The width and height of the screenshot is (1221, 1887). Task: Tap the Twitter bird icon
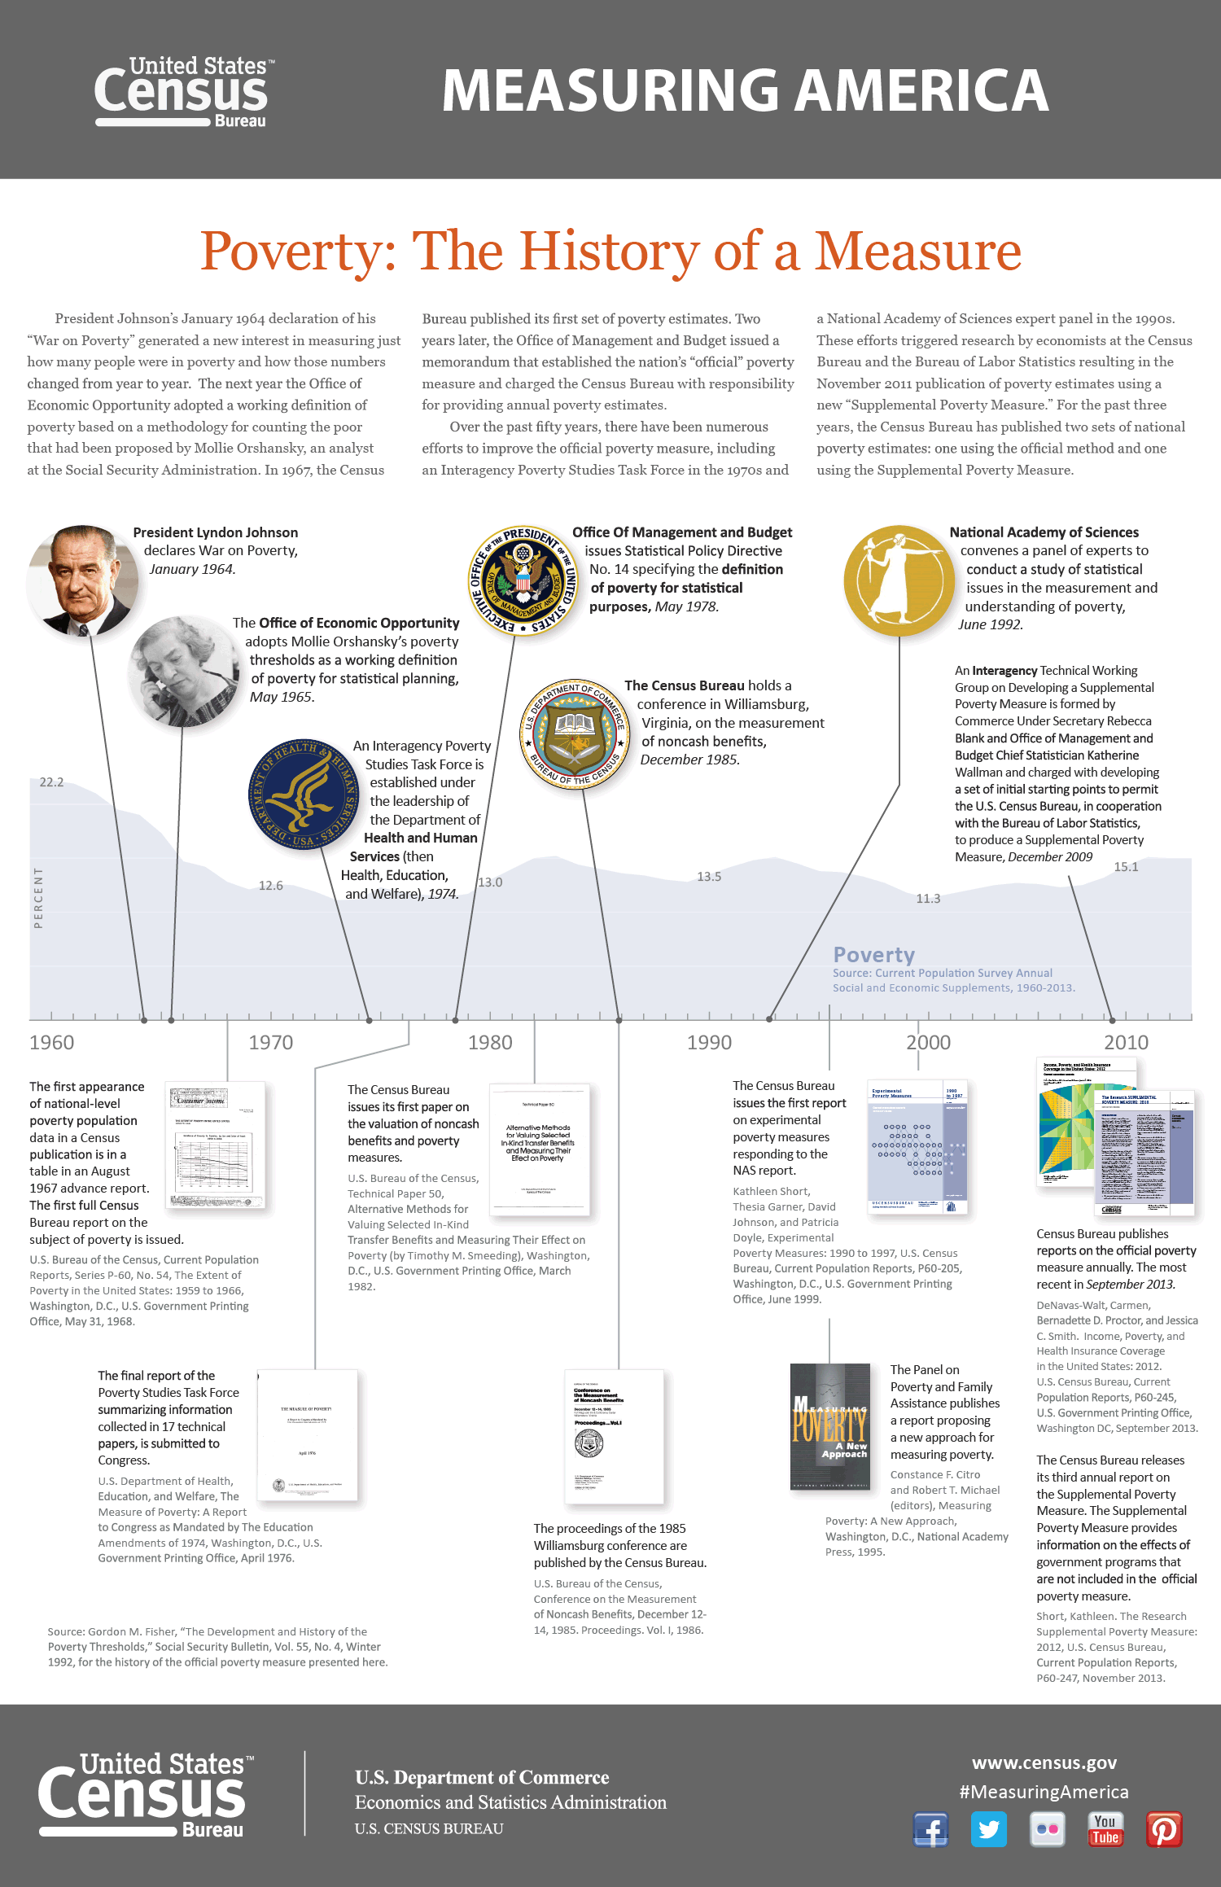click(x=989, y=1830)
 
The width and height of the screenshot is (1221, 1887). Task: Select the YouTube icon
click(x=1105, y=1830)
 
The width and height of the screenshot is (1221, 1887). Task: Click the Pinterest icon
click(x=1164, y=1830)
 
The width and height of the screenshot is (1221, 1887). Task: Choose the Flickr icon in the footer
click(x=1048, y=1830)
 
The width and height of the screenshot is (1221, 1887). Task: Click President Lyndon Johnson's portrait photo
click(x=82, y=580)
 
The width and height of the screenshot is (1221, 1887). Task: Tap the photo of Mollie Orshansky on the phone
click(x=182, y=671)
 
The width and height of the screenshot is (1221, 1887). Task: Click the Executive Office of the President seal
click(x=523, y=580)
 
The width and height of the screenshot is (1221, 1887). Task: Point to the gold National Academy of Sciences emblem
click(x=899, y=580)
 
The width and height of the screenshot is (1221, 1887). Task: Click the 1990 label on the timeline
click(x=709, y=1043)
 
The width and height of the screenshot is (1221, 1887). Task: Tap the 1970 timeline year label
click(x=270, y=1043)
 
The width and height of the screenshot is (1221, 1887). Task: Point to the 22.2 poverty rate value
click(x=51, y=782)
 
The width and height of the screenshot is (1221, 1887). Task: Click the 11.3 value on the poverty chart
click(x=928, y=899)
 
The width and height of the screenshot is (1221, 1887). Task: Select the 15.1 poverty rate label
click(x=1126, y=867)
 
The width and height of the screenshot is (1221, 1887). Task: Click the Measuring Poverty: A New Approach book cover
click(x=829, y=1426)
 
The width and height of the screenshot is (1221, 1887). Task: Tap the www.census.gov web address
click(x=1044, y=1763)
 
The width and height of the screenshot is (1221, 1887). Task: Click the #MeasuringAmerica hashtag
click(x=1044, y=1792)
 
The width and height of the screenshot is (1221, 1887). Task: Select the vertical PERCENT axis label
click(x=38, y=898)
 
